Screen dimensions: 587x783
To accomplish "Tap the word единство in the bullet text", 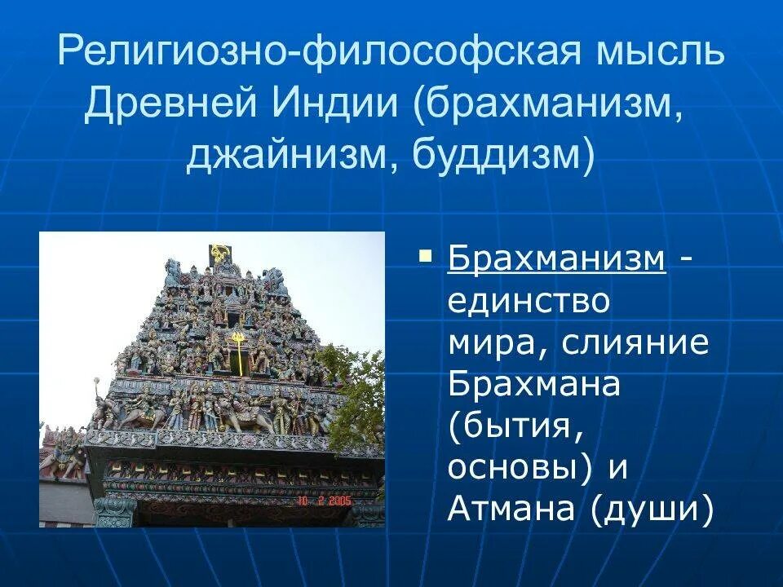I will (529, 302).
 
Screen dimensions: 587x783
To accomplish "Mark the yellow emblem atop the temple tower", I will (219, 252).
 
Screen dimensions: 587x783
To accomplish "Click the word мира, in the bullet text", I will (489, 344).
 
